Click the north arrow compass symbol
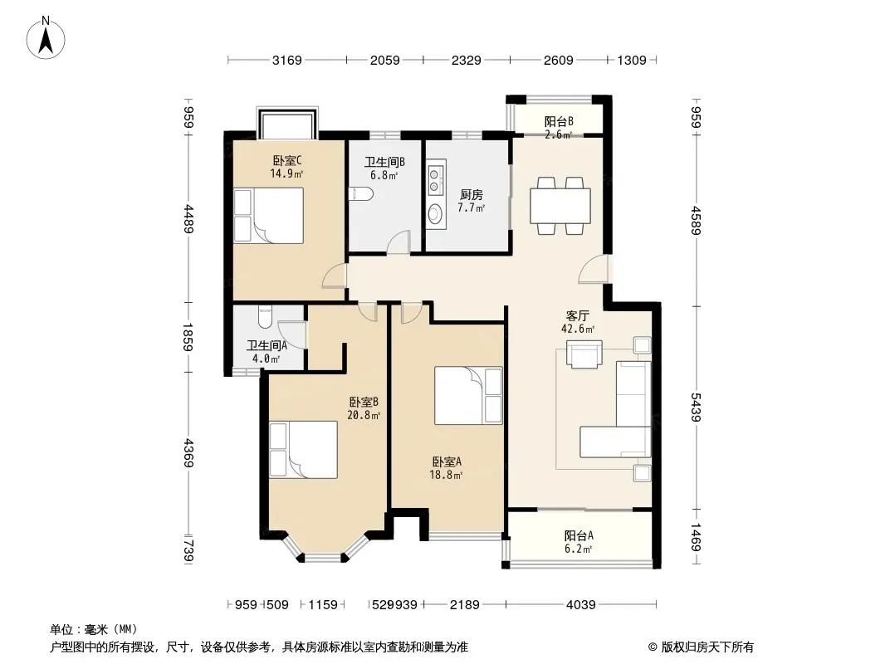46,37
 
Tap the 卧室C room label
286,160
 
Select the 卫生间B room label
384,163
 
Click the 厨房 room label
472,194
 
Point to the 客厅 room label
577,315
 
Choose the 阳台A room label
579,535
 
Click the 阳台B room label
559,121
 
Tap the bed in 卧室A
468,395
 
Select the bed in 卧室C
269,216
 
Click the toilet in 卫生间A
264,317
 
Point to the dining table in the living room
560,205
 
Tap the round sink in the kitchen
434,214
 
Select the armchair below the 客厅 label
584,354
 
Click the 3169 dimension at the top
286,61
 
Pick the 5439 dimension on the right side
696,408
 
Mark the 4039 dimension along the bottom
581,605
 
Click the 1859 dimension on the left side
188,337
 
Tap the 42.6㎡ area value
577,329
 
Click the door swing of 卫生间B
398,242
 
